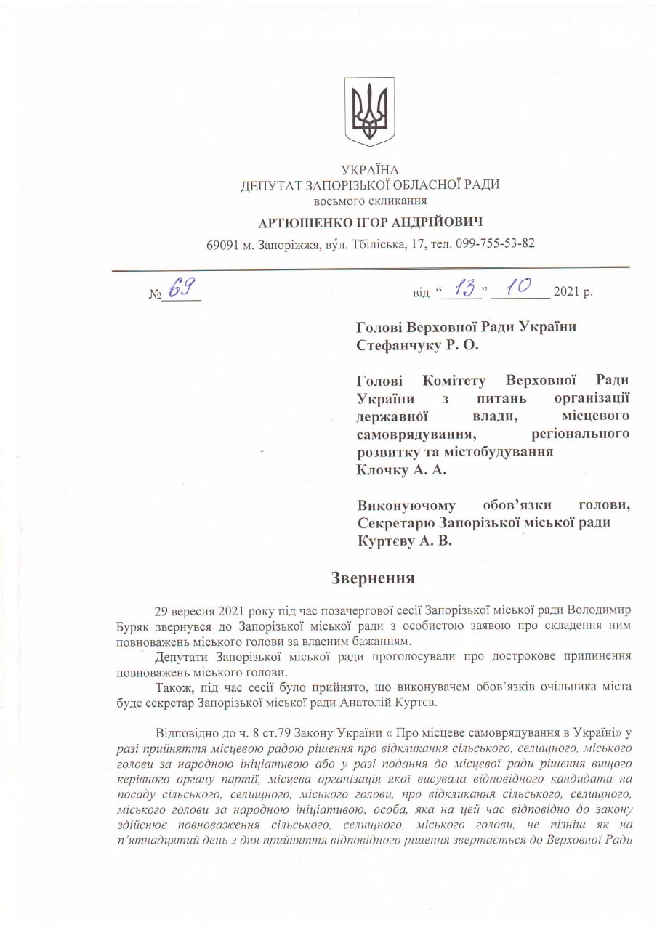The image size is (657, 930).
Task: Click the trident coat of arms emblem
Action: coord(369,112)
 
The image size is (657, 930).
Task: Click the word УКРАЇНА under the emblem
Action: coord(370,171)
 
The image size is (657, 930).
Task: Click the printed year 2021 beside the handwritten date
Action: coord(567,293)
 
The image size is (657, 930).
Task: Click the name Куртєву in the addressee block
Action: coord(386,541)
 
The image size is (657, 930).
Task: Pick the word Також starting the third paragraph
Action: coord(173,687)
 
